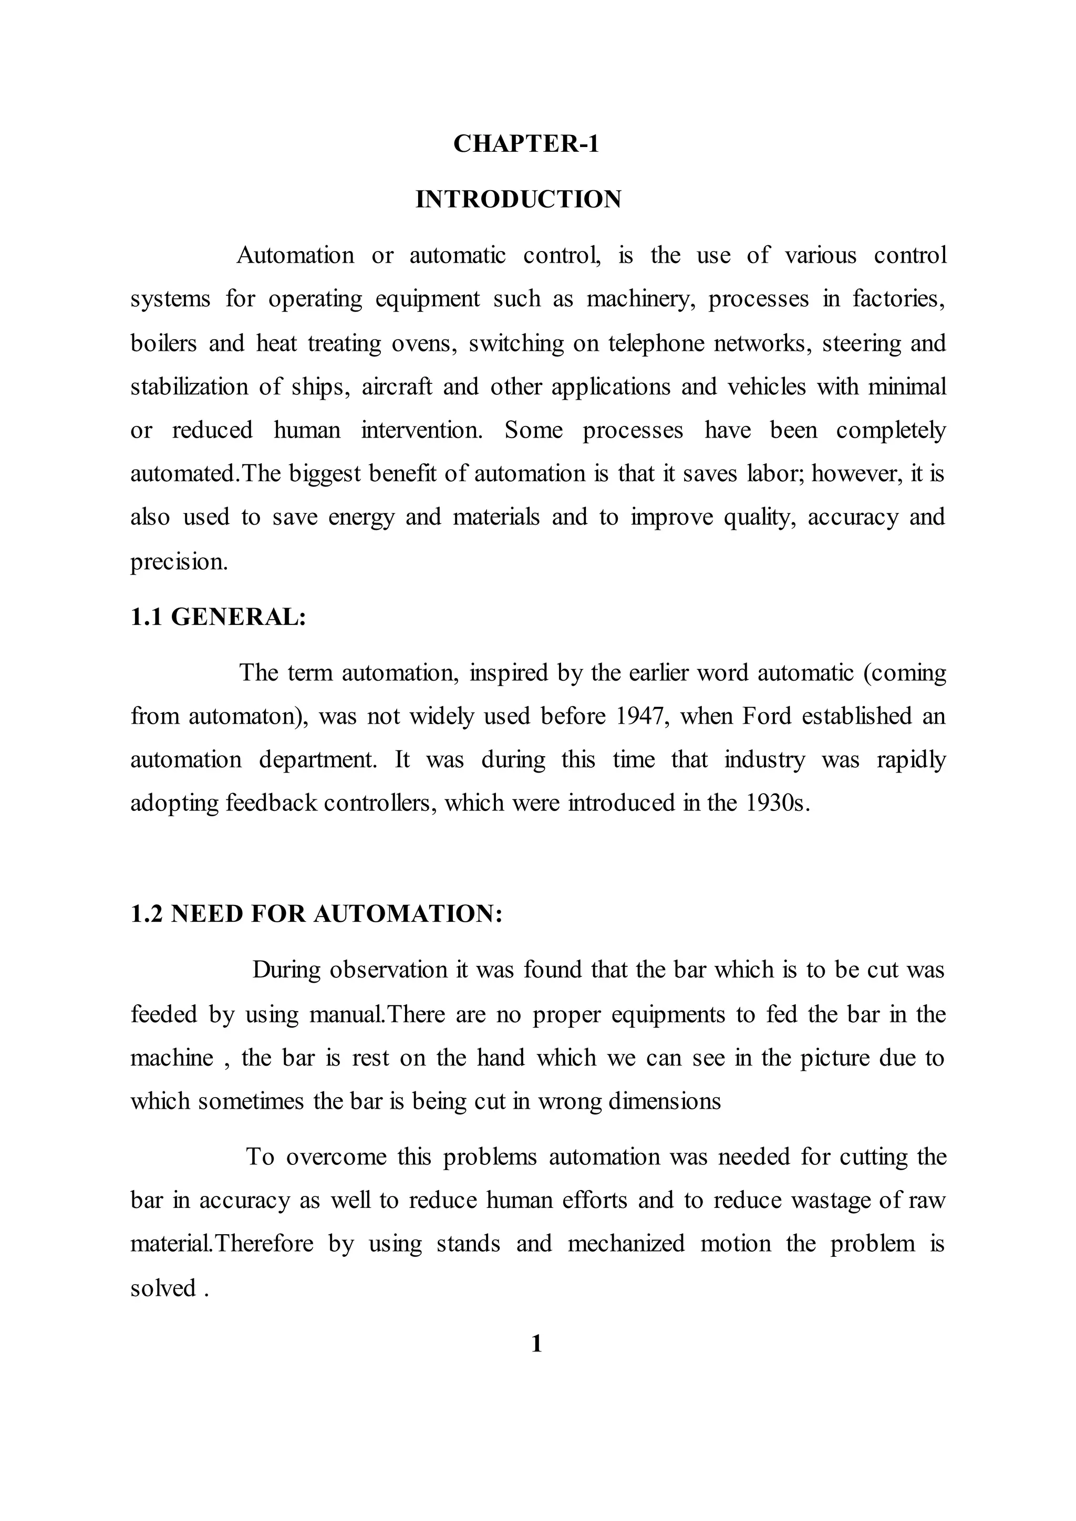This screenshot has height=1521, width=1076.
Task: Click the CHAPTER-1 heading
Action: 526,144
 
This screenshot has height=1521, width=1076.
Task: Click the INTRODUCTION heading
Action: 518,200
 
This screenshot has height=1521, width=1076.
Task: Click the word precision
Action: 179,562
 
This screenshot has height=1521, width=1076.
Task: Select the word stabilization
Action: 189,386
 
